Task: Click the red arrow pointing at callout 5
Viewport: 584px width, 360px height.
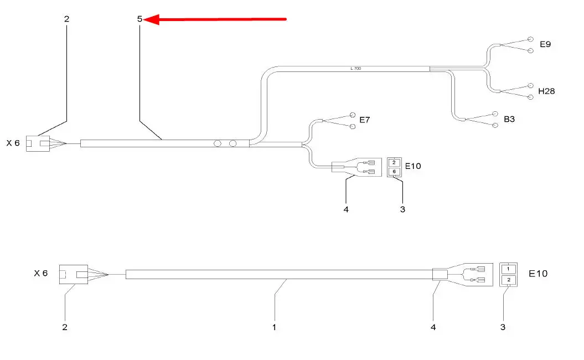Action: pos(216,20)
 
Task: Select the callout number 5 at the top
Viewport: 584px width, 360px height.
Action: pos(139,19)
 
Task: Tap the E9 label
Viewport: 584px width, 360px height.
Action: pos(545,44)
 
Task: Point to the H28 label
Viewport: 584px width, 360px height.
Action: pos(546,91)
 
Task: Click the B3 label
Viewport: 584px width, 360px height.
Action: pos(509,119)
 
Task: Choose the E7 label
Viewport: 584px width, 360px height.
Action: pos(364,120)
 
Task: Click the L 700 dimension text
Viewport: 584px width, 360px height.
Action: pos(355,69)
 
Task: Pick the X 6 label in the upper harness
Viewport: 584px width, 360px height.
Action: pos(13,143)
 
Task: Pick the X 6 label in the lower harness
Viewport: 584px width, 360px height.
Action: pos(41,274)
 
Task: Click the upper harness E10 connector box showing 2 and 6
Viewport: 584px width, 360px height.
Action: pos(394,167)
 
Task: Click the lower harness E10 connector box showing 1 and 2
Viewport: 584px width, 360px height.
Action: pos(508,275)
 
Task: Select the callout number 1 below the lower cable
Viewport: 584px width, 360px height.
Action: pos(274,327)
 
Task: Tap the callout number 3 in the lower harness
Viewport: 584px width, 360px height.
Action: pos(503,327)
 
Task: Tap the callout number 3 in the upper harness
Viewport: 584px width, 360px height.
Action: pos(402,209)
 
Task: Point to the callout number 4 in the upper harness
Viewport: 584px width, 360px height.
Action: pos(345,209)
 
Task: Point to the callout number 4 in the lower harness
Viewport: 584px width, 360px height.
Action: pos(433,327)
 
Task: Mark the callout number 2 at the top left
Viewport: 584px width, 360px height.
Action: pos(67,19)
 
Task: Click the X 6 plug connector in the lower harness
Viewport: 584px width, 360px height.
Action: pos(74,274)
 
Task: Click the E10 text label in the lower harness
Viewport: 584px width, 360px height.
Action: pos(539,274)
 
